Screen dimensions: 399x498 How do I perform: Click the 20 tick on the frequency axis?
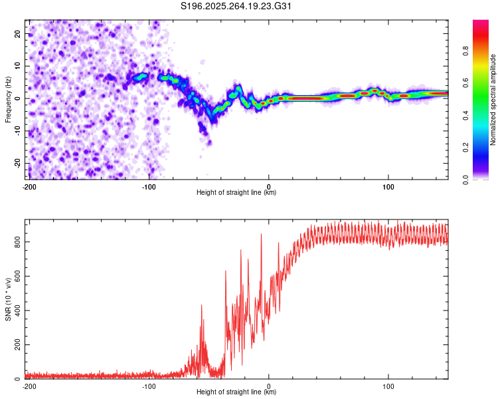[x=18, y=33]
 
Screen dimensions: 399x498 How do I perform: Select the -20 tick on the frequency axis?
[x=17, y=163]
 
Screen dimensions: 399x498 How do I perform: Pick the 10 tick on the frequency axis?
[x=18, y=66]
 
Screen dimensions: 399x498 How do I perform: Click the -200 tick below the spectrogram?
[x=29, y=187]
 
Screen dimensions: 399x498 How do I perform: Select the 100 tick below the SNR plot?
[x=388, y=386]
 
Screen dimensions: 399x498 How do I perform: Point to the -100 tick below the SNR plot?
[x=149, y=386]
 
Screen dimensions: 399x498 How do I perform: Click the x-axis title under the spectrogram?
[x=236, y=193]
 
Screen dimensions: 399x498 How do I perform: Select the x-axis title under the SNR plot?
[x=236, y=392]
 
